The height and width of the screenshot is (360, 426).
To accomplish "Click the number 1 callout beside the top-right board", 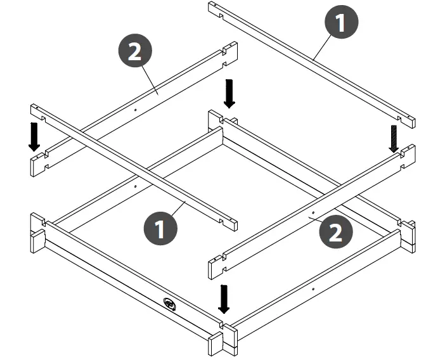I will tap(341, 23).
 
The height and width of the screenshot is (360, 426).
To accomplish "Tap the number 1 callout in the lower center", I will tap(160, 227).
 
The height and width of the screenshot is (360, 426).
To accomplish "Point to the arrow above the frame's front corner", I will tap(223, 299).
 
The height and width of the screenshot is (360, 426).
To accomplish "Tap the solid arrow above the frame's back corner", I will tap(229, 94).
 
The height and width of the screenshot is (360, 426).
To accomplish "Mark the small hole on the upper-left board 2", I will tap(136, 109).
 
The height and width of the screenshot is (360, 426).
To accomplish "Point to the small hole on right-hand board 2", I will tap(313, 212).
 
